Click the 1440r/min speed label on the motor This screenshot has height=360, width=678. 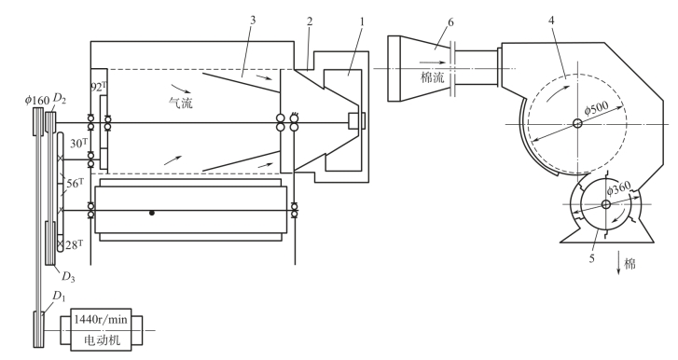tap(101, 319)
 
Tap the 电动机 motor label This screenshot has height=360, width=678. tap(101, 340)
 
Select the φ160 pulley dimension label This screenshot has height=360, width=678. tap(36, 101)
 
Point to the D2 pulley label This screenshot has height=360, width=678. tap(59, 99)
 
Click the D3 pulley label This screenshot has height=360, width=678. tap(68, 277)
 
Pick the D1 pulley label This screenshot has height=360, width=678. tap(59, 297)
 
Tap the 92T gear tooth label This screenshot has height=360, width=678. tap(99, 87)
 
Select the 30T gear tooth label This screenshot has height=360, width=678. tap(78, 143)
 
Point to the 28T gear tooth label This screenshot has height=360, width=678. tap(74, 245)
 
